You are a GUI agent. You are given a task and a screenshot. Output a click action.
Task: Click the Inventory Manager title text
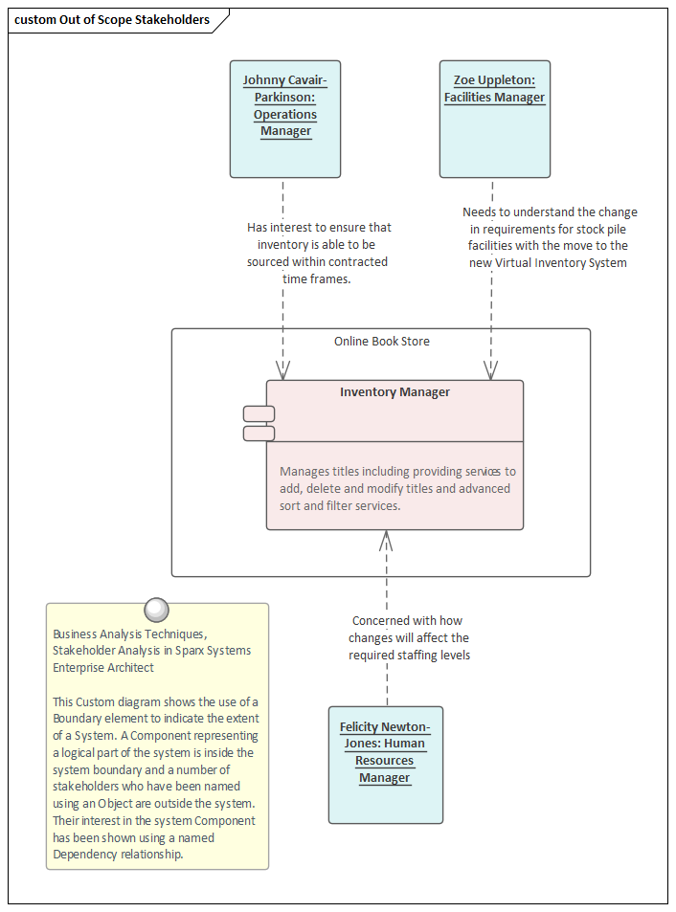tap(394, 392)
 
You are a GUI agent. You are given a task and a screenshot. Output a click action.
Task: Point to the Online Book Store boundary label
tap(381, 342)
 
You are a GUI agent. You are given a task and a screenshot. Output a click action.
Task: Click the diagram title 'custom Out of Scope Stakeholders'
tap(112, 20)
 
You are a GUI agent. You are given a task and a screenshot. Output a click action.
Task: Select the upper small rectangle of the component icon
tap(259, 413)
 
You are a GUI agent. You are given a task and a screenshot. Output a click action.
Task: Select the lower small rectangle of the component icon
tap(259, 434)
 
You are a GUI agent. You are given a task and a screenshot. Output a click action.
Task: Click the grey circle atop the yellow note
tap(155, 610)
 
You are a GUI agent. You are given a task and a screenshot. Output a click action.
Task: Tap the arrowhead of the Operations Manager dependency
tap(283, 370)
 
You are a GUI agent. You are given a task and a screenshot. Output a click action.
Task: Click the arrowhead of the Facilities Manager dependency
tap(492, 370)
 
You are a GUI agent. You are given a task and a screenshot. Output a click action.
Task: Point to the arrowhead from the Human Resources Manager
tap(386, 540)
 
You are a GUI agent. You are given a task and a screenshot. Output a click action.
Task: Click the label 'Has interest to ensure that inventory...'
tap(319, 253)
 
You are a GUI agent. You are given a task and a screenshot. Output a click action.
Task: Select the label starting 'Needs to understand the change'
tap(549, 237)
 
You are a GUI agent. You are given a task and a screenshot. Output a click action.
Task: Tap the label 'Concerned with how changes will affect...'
tap(409, 638)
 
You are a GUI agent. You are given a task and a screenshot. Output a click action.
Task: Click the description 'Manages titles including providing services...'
tap(396, 488)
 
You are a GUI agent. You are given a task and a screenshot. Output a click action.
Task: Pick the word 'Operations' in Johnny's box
tap(285, 115)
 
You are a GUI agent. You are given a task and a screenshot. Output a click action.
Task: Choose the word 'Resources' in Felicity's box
tap(385, 761)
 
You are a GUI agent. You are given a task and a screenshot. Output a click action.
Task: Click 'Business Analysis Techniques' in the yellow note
tap(129, 634)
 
